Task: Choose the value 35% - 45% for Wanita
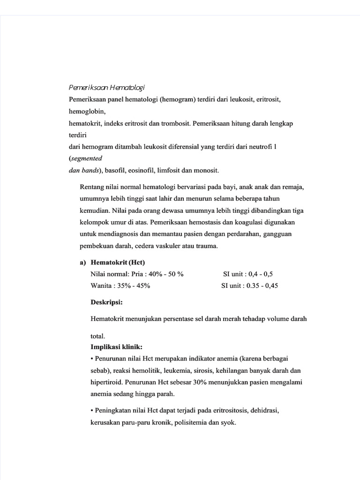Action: (133, 285)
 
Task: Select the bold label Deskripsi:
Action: (106, 302)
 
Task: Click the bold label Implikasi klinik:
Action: (117, 347)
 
